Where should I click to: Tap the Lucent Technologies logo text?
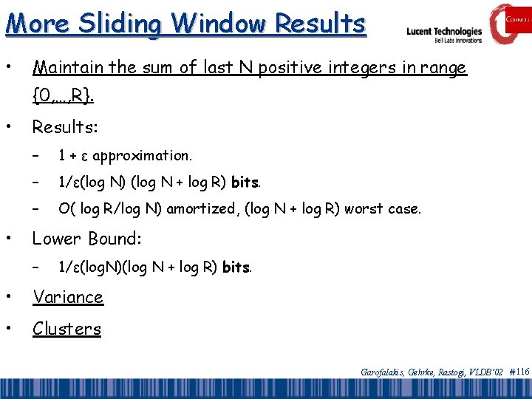tap(444, 31)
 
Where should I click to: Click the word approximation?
tap(142, 155)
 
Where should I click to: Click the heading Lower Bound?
tap(87, 239)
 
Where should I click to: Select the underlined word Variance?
tap(68, 297)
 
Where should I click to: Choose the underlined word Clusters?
tap(66, 329)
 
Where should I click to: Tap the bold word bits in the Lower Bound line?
tap(236, 267)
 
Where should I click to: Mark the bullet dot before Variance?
tap(8, 297)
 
